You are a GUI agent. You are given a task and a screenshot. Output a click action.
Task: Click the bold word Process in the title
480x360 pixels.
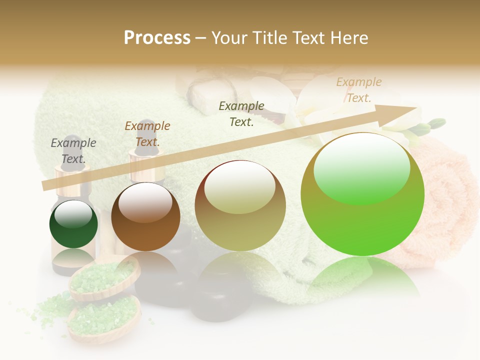(157, 38)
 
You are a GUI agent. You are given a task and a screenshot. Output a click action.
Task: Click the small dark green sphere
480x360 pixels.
(73, 224)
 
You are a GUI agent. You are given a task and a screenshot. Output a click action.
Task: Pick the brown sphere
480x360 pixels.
(145, 217)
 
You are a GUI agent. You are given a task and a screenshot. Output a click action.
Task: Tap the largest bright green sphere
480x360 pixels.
(362, 194)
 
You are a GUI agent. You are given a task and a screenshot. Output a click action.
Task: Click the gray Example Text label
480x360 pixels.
(73, 151)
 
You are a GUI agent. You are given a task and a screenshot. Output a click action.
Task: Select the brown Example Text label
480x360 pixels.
(147, 134)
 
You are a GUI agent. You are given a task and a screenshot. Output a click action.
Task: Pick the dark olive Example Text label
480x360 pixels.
(241, 113)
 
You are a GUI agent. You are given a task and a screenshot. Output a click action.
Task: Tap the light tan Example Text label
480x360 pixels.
(359, 90)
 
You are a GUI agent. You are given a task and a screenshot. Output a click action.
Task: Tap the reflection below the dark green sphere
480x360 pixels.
(73, 257)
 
